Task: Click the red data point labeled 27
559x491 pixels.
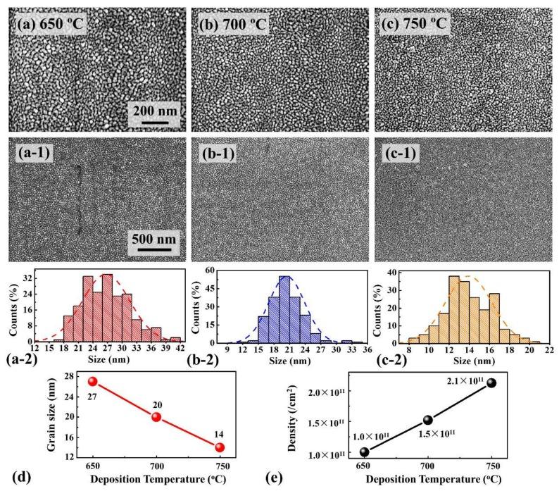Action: pos(92,381)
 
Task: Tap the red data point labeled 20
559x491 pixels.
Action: pos(156,416)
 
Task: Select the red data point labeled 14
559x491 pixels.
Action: pos(220,447)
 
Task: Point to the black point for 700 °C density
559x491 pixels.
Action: pos(427,420)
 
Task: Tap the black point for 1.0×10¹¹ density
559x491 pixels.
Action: pos(364,452)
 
